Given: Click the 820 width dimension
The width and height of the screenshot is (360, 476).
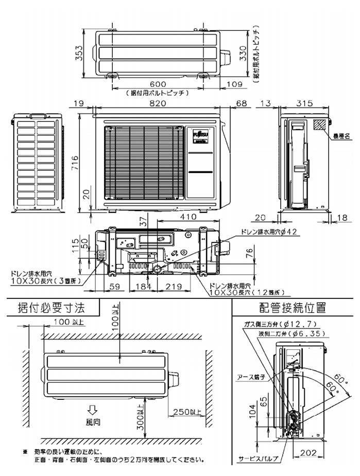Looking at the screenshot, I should click(x=158, y=104).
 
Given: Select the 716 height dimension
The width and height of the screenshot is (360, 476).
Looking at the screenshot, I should click(x=76, y=161).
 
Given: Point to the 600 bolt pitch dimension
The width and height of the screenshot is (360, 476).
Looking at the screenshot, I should click(x=158, y=84).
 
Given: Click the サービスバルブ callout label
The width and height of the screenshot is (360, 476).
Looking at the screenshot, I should click(x=258, y=457).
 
